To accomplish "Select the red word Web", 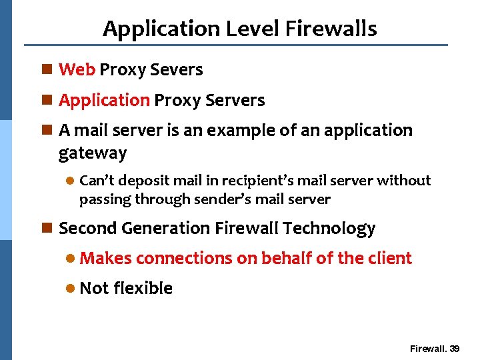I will click(x=77, y=69).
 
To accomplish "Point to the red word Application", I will click(x=104, y=100).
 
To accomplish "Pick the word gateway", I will click(x=92, y=153).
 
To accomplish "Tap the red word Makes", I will click(x=105, y=258).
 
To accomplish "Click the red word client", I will click(x=389, y=258).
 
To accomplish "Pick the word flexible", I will click(x=143, y=288).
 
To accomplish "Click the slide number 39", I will click(x=455, y=349).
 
